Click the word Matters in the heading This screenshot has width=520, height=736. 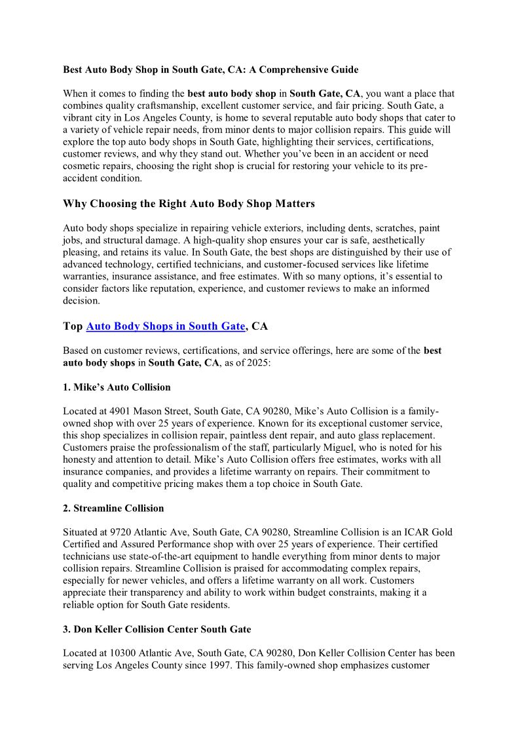291,204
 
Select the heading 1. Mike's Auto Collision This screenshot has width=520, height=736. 117,387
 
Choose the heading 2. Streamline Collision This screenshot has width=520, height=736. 113,509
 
